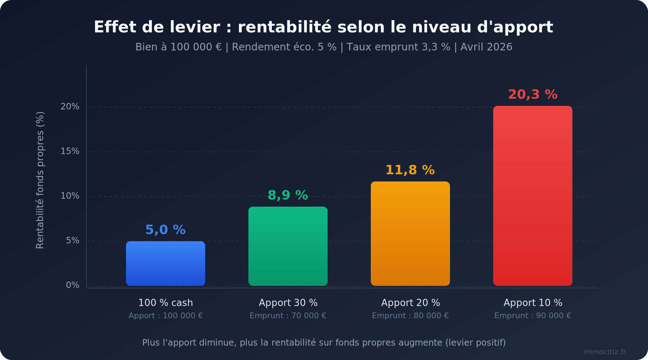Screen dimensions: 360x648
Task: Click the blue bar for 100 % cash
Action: [166, 264]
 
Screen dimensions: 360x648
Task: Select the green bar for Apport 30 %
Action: [288, 246]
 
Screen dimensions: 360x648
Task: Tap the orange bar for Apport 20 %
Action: [410, 234]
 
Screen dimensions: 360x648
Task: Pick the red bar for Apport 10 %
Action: [533, 196]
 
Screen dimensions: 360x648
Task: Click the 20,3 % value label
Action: [533, 95]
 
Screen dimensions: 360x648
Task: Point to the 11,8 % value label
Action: [410, 170]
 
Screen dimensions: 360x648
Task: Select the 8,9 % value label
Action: [288, 195]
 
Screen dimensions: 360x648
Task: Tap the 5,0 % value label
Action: [166, 230]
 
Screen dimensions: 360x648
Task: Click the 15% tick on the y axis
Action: [70, 151]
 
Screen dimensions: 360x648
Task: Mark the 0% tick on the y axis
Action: [73, 285]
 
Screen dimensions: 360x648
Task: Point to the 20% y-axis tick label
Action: [70, 107]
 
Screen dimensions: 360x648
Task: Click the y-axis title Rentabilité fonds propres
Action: [40, 180]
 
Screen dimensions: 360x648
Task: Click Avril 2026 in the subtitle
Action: [486, 47]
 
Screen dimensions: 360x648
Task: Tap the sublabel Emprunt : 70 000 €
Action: [288, 316]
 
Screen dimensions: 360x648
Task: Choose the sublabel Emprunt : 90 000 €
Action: [533, 316]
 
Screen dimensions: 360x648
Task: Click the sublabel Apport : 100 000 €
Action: [166, 316]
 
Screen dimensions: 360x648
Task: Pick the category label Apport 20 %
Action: [410, 303]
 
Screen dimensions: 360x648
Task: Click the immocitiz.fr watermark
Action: [604, 352]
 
